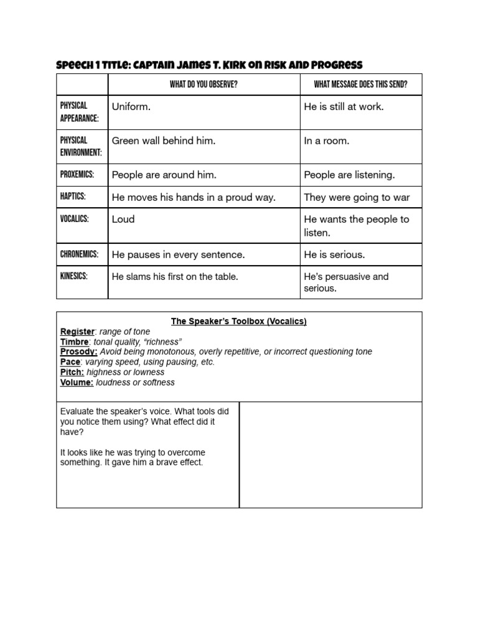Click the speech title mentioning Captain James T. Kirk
pyautogui.click(x=209, y=65)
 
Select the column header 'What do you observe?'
pyautogui.click(x=203, y=85)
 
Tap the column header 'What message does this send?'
pyautogui.click(x=360, y=85)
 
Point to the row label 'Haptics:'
pyautogui.click(x=73, y=197)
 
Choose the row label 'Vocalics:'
pyautogui.click(x=75, y=219)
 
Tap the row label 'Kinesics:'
pyautogui.click(x=74, y=276)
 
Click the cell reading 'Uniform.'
pyautogui.click(x=131, y=107)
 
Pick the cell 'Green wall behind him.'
pyautogui.click(x=164, y=141)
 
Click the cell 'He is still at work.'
pyautogui.click(x=344, y=107)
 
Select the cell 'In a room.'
pyautogui.click(x=326, y=141)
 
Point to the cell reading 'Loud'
pyautogui.click(x=123, y=219)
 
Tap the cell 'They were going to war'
pyautogui.click(x=357, y=197)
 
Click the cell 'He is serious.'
pyautogui.click(x=334, y=254)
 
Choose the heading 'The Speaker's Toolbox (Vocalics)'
pyautogui.click(x=239, y=322)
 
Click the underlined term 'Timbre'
pyautogui.click(x=75, y=342)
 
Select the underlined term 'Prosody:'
pyautogui.click(x=78, y=351)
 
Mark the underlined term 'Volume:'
pyautogui.click(x=77, y=383)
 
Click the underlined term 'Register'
pyautogui.click(x=77, y=332)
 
